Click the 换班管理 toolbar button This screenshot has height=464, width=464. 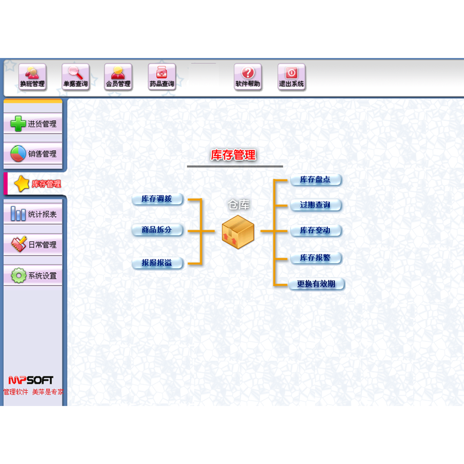[32, 77]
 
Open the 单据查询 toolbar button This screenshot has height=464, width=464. [75, 77]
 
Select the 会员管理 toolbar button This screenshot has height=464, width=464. [118, 77]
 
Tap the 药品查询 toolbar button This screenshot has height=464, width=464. [162, 77]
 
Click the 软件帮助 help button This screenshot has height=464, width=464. [248, 77]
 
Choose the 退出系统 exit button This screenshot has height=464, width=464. [291, 77]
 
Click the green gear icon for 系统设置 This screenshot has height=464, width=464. [18, 275]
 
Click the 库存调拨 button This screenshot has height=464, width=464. [157, 199]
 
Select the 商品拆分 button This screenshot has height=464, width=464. [157, 230]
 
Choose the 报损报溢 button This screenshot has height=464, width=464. [157, 263]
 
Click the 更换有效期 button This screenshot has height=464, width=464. [316, 284]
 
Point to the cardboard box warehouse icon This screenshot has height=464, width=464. [238, 232]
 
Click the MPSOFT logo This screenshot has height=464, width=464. [31, 380]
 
